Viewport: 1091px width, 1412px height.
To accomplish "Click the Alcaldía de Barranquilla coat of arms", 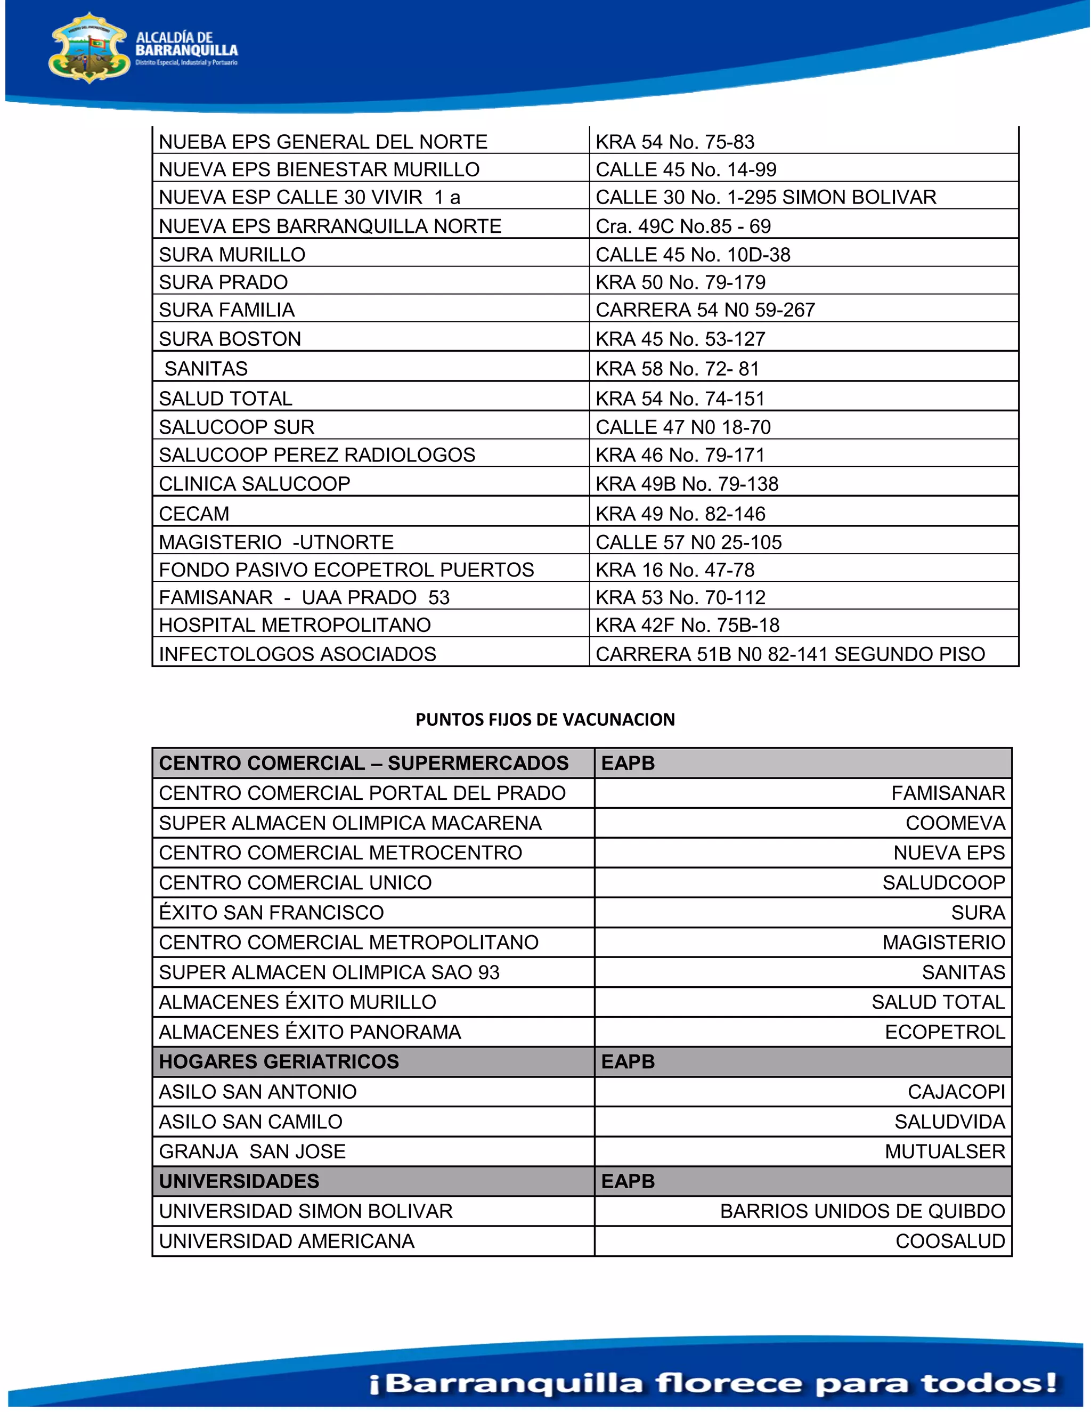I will (x=89, y=49).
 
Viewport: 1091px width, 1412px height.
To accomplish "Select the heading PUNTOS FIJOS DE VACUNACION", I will (x=545, y=719).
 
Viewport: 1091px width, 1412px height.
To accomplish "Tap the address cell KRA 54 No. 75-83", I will (x=675, y=142).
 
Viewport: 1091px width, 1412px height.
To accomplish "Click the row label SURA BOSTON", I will (x=230, y=339).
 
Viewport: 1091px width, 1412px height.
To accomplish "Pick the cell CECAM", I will (x=194, y=514).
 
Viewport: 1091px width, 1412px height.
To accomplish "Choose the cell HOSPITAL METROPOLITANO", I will (x=295, y=625).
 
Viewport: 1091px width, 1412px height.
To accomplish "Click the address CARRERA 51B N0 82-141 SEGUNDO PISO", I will (x=790, y=654).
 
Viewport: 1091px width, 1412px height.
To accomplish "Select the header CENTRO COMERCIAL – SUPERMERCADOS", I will (x=363, y=763).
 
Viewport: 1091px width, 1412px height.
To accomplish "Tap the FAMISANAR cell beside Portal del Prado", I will (x=948, y=793).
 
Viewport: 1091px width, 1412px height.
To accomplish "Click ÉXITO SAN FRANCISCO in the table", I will (x=272, y=913).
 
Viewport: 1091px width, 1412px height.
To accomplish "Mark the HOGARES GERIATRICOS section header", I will (x=279, y=1061).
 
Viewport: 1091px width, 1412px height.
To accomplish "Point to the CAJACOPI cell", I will (x=956, y=1092).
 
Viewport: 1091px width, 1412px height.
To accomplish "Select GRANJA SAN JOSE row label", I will (x=252, y=1151).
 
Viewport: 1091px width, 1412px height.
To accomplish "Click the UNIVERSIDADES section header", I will (x=239, y=1181).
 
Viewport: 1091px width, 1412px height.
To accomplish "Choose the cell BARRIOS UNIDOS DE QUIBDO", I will (x=862, y=1211).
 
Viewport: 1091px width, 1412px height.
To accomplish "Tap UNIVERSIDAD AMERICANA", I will (x=286, y=1241).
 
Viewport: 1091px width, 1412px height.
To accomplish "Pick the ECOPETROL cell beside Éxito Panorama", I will (x=945, y=1032).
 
